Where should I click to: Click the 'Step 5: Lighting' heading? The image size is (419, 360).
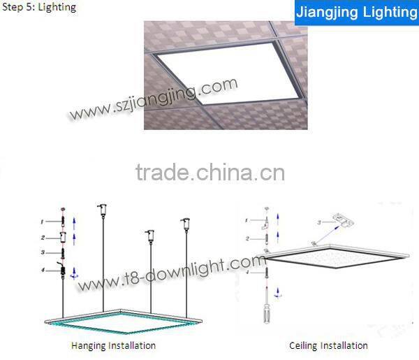(x=38, y=8)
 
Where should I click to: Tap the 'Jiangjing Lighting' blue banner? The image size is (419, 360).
(x=356, y=13)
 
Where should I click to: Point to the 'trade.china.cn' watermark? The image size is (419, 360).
(x=209, y=172)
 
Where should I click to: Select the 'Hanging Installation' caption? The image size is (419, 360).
(x=113, y=345)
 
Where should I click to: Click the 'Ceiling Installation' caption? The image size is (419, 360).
(x=328, y=345)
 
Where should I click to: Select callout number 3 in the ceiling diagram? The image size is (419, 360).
(x=319, y=222)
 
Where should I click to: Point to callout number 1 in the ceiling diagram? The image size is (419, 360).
(x=245, y=221)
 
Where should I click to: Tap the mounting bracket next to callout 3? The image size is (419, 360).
(x=342, y=219)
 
